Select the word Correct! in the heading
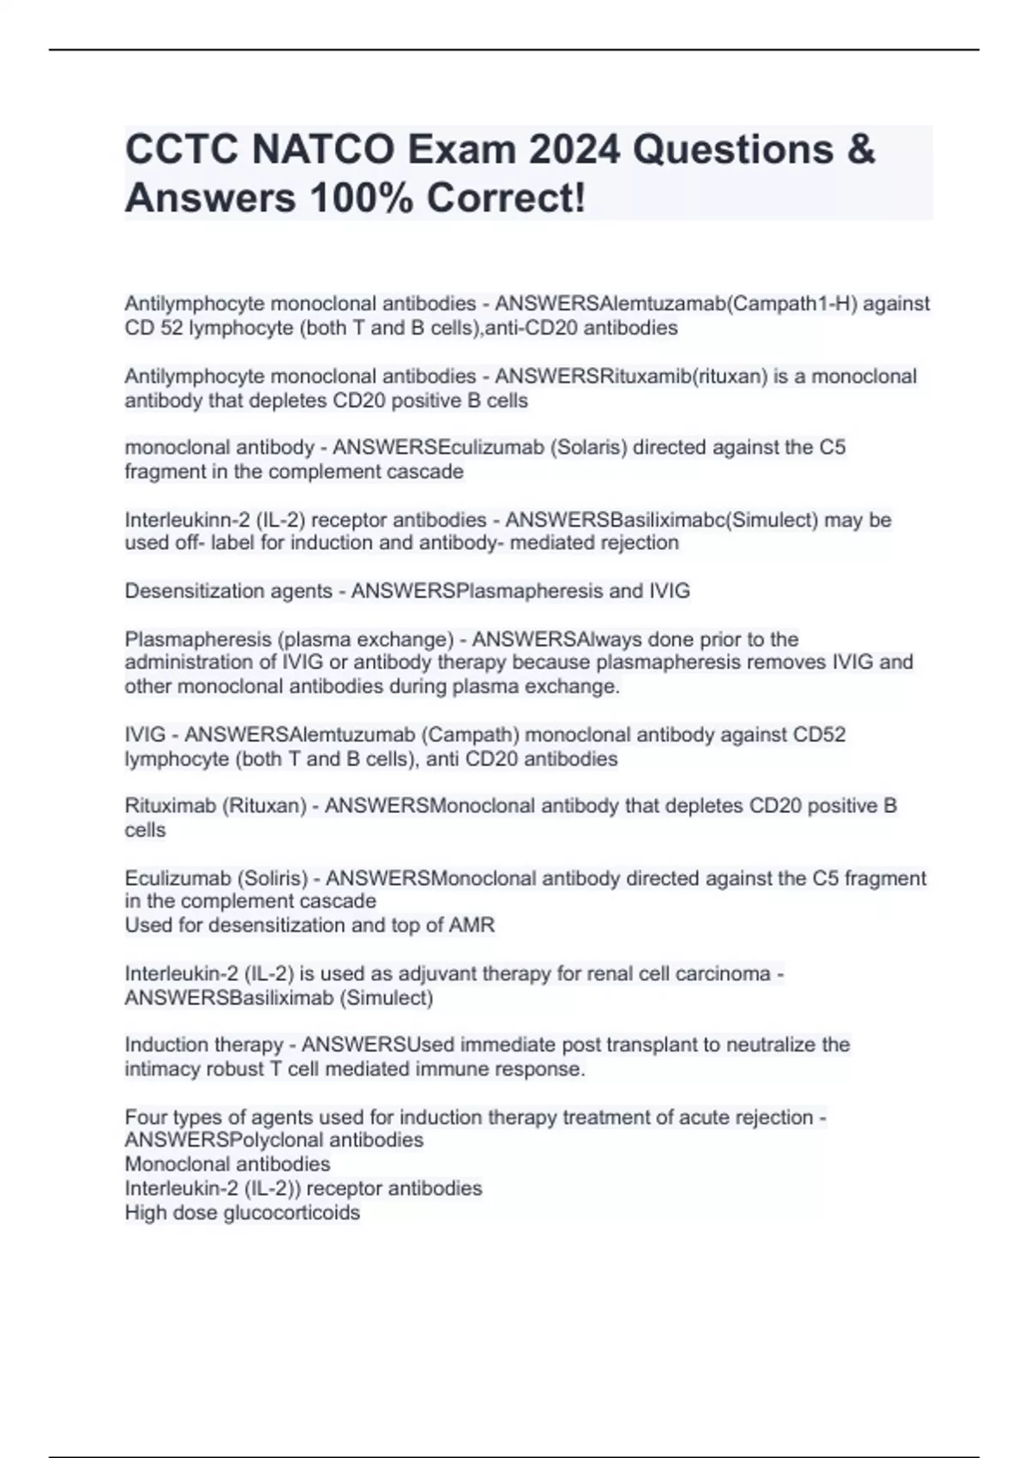pos(507,199)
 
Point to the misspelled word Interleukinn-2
pos(181,521)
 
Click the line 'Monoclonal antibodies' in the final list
pos(227,1165)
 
